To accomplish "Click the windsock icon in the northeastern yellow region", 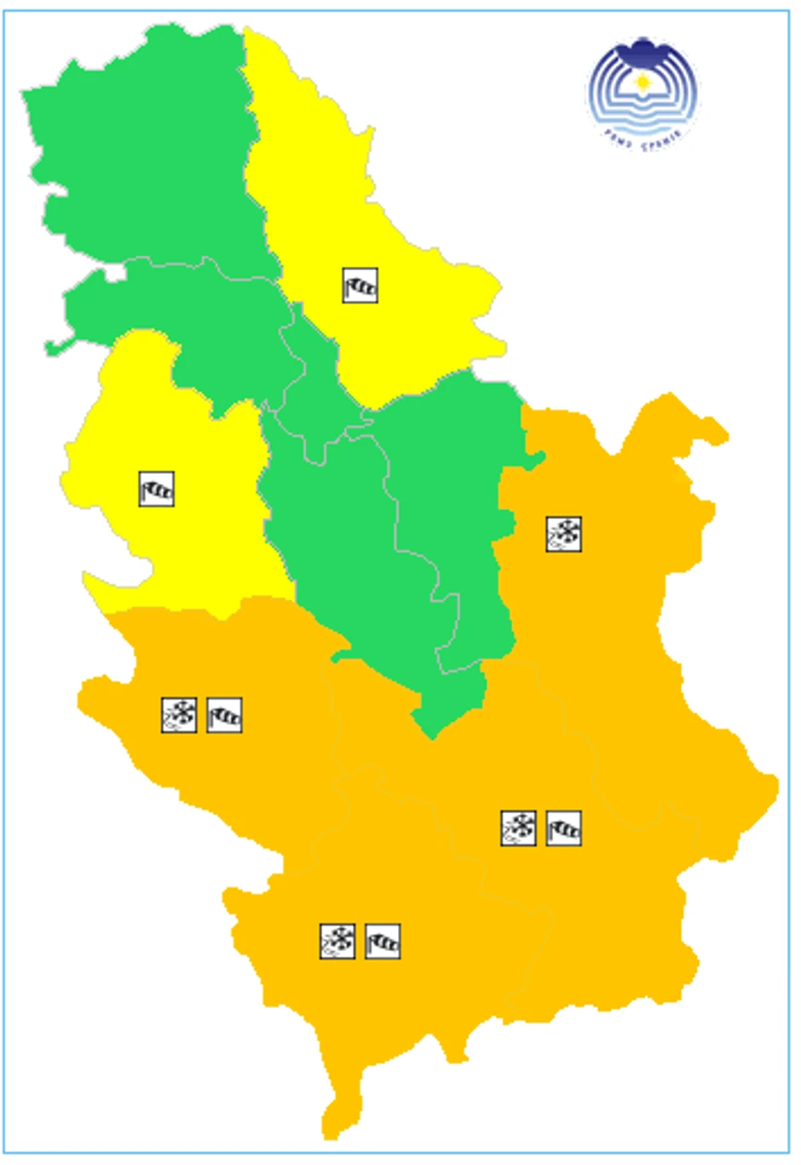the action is coord(360,285).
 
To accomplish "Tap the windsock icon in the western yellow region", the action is coord(157,489).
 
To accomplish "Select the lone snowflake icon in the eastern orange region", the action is coord(563,533).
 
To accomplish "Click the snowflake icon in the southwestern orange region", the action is coord(179,715).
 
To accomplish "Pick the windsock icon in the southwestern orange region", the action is coord(225,715).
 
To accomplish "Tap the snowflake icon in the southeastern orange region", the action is coord(518,828).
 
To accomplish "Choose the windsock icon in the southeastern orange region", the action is coord(563,828).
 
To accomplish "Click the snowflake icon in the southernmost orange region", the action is coord(337,941).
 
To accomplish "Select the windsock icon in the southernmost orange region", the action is coord(383,941).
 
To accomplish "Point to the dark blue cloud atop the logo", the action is coord(643,47).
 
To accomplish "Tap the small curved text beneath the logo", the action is coord(643,136).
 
